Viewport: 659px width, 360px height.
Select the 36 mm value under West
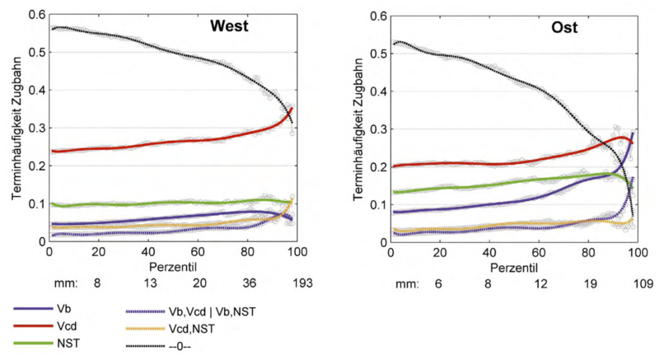click(x=248, y=283)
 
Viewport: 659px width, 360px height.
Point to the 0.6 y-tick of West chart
click(x=35, y=15)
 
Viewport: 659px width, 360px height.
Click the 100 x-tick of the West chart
click(x=296, y=253)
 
